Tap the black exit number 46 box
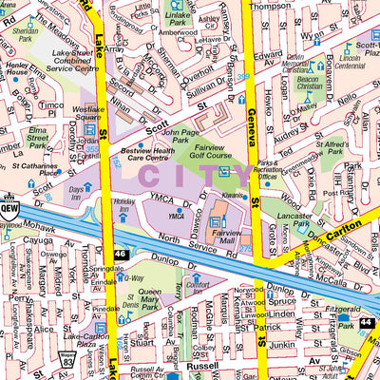[121, 255]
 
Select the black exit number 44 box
[366, 323]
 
